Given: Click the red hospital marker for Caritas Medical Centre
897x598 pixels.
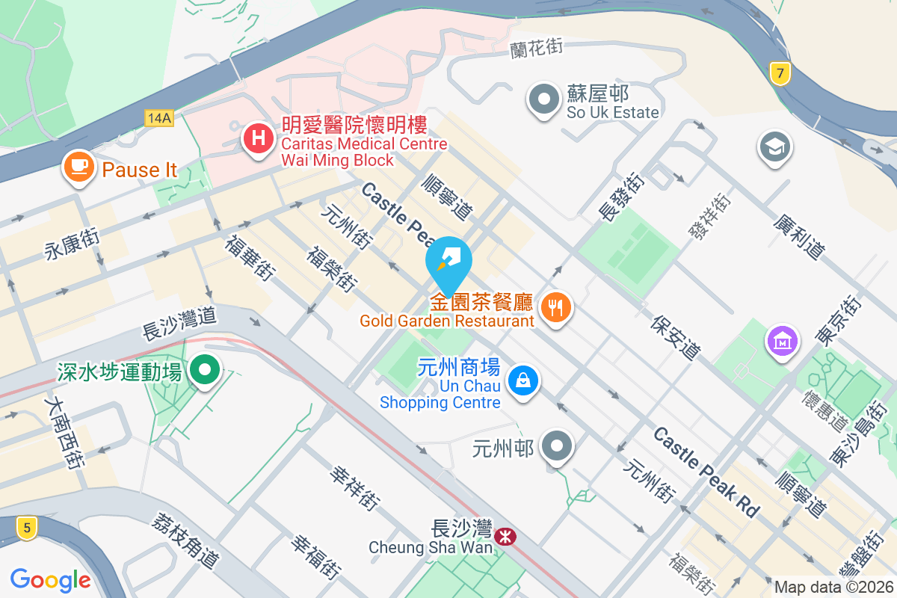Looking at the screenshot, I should tap(259, 138).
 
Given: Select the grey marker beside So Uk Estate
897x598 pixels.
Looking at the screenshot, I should tap(544, 99).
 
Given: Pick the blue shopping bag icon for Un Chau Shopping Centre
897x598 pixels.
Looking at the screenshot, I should tap(523, 381).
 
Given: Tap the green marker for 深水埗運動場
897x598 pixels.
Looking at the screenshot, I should tap(204, 370).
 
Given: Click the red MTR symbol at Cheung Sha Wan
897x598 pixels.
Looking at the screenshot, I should tap(506, 535).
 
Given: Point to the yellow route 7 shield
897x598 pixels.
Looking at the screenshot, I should tap(780, 73).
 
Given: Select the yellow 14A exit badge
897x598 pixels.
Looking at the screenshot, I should tap(159, 117).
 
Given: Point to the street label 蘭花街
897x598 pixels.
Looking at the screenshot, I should tap(537, 49).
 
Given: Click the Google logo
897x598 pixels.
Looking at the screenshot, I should tap(51, 579).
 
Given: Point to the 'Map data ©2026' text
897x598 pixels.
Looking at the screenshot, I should tap(833, 588).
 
